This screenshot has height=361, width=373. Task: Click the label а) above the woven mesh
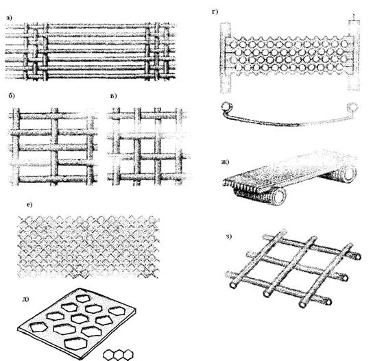point(9,18)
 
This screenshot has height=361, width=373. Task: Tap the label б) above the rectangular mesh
point(12,95)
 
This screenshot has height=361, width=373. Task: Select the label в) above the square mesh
point(114,96)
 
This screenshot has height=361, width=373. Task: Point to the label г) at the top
point(215,12)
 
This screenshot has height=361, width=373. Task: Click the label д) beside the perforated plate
point(25,299)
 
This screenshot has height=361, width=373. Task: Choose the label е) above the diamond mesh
point(29,205)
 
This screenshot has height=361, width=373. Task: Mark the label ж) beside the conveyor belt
point(225,162)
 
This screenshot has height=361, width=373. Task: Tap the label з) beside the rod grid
point(228,236)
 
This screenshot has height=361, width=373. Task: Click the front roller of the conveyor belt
point(279,195)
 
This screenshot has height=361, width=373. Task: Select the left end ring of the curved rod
point(227,106)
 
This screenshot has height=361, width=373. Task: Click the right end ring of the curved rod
point(352,107)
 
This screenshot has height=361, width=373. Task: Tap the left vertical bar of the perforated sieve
point(226,58)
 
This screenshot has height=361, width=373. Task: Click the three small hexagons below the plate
point(118,355)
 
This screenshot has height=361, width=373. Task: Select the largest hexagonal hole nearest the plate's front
point(75,343)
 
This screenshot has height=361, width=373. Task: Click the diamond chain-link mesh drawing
point(88,247)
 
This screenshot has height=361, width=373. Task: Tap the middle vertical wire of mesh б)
point(54,147)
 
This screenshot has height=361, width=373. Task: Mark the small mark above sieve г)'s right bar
point(354,16)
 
